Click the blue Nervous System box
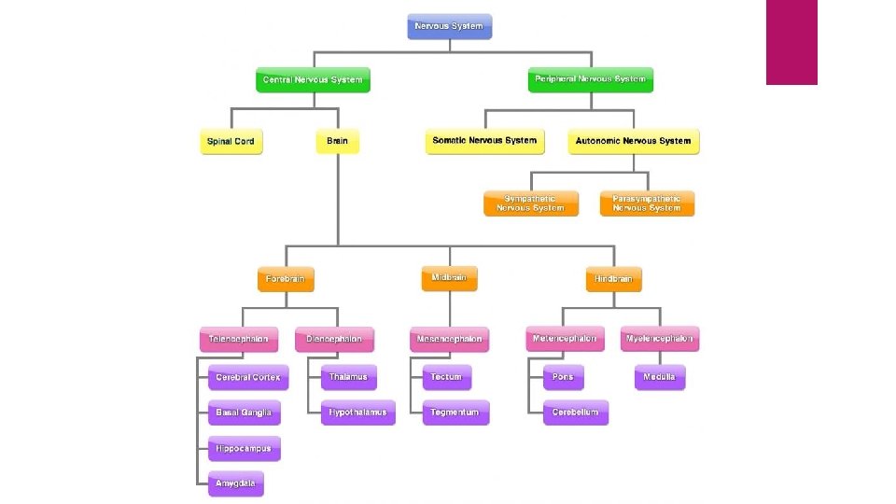pyautogui.click(x=449, y=26)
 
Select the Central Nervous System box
pyautogui.click(x=313, y=80)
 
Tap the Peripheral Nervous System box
pyautogui.click(x=590, y=79)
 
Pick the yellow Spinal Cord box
pyautogui.click(x=231, y=142)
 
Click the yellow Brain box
pyautogui.click(x=337, y=142)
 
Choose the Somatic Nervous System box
pyautogui.click(x=484, y=141)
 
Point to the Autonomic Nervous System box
pyautogui.click(x=633, y=142)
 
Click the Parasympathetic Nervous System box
pyautogui.click(x=647, y=203)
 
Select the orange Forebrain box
pyautogui.click(x=286, y=279)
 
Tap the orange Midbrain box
pyautogui.click(x=449, y=278)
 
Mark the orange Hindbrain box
pyautogui.click(x=613, y=279)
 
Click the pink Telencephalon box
pyautogui.click(x=238, y=340)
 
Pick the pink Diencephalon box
pyautogui.click(x=334, y=340)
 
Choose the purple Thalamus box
pyautogui.click(x=348, y=377)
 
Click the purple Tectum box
pyautogui.click(x=446, y=377)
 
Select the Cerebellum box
pyautogui.click(x=575, y=413)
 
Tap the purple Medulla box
pyautogui.click(x=659, y=377)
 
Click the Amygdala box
pyautogui.click(x=235, y=484)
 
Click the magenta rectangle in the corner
pyautogui.click(x=791, y=42)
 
